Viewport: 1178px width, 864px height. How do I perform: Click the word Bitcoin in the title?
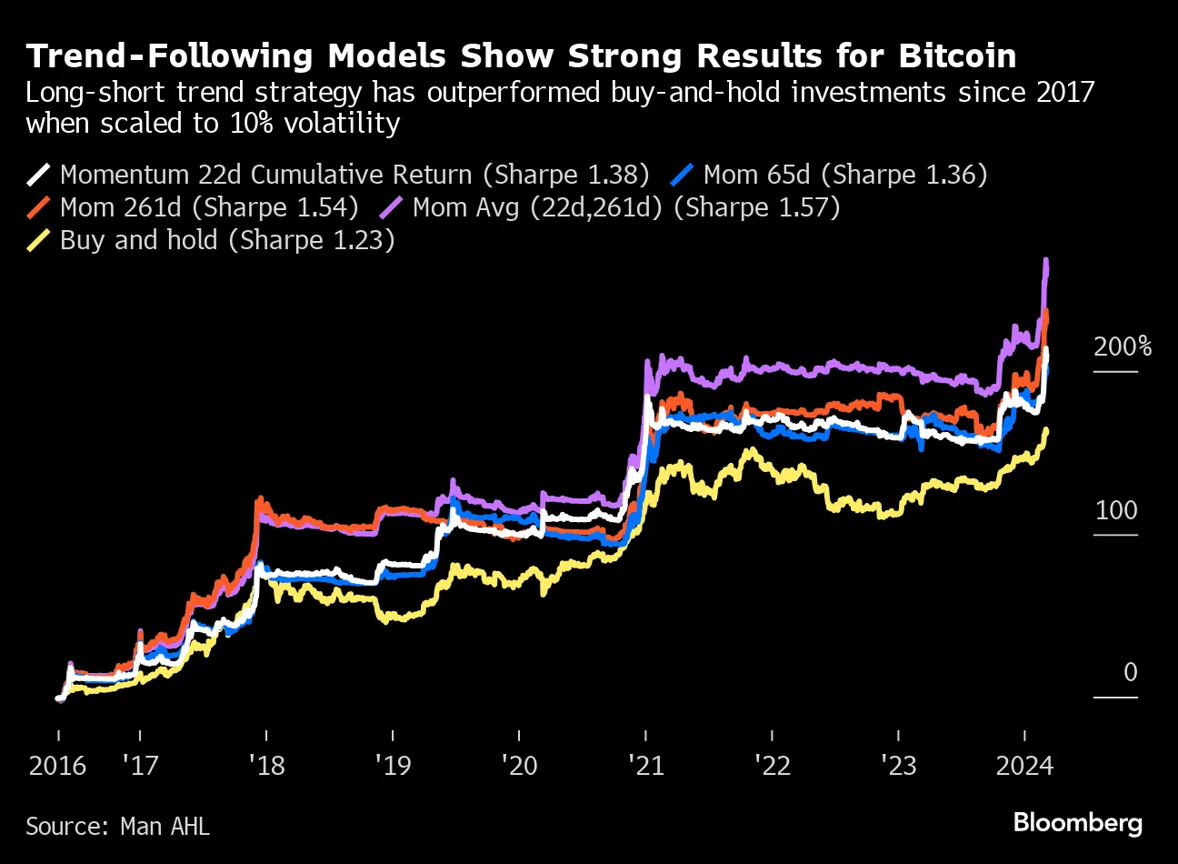(x=957, y=56)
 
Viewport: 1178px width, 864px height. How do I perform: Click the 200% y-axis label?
(x=1122, y=347)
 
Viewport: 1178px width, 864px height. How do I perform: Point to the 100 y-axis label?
(x=1115, y=509)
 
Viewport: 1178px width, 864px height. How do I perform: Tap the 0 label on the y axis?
(x=1130, y=672)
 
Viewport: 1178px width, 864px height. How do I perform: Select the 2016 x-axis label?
(x=57, y=765)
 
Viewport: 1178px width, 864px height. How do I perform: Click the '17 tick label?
(x=140, y=765)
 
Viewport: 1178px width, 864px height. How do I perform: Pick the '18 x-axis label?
(x=266, y=765)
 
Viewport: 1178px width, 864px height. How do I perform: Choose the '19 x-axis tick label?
(x=393, y=765)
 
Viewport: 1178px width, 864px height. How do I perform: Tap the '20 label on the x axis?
(x=519, y=765)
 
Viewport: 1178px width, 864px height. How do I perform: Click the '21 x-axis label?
(x=645, y=765)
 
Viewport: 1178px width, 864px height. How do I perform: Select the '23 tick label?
(x=898, y=765)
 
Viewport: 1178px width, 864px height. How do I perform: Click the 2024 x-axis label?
(x=1024, y=765)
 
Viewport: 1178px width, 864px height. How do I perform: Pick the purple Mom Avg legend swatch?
(x=391, y=207)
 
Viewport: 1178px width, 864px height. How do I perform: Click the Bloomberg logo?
(x=1077, y=823)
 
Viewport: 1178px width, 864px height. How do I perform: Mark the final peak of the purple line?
(x=1046, y=261)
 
